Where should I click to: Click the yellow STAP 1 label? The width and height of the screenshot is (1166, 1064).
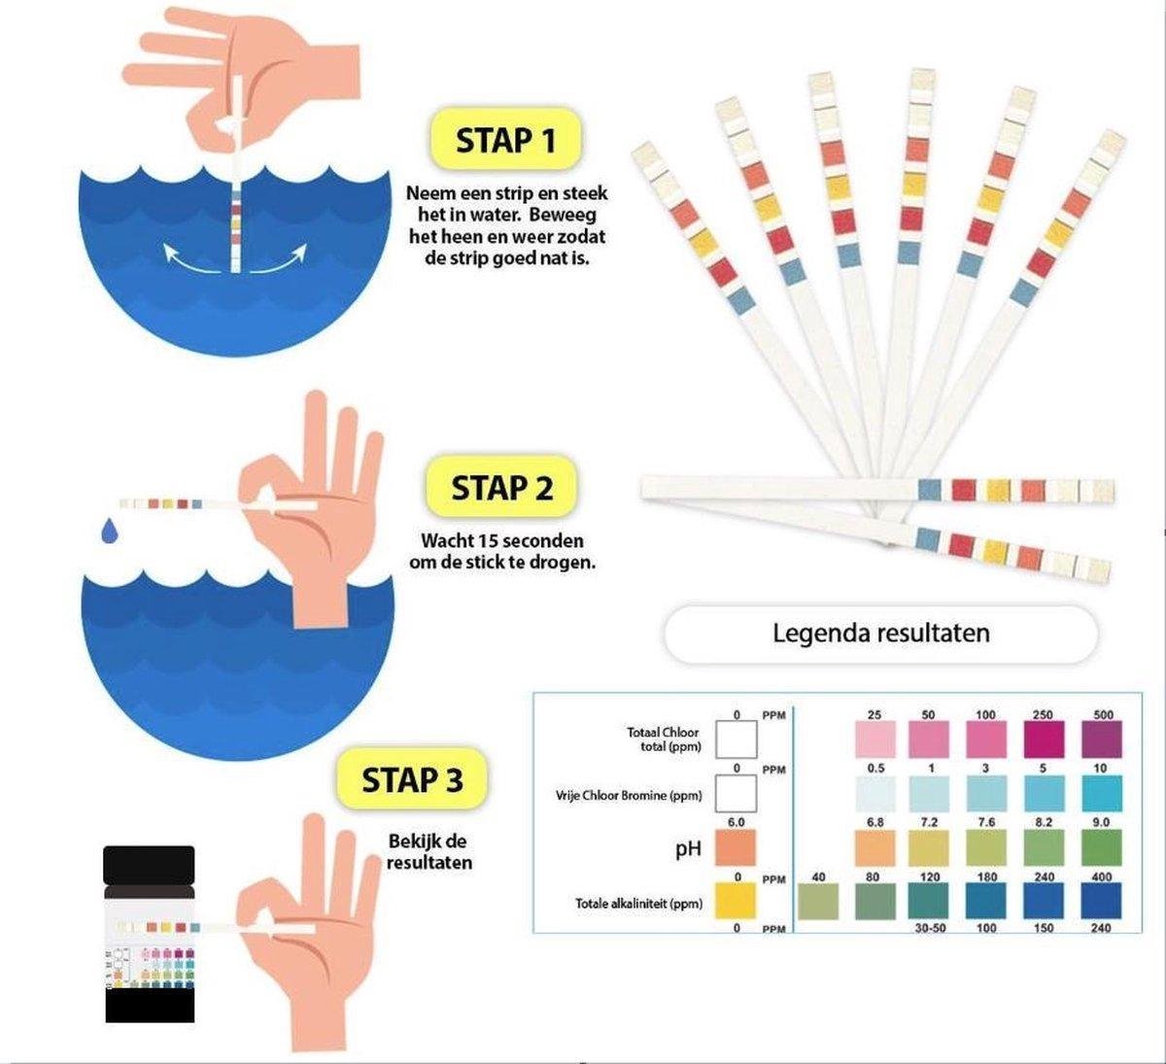tap(506, 141)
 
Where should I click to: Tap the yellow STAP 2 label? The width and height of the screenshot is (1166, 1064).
tap(501, 489)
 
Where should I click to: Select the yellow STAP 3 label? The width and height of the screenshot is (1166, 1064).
tap(412, 780)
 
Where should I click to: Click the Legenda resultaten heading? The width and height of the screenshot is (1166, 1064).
tap(880, 634)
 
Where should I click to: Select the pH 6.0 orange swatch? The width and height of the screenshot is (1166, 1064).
tap(736, 847)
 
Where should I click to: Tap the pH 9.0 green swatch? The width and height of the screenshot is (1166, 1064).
tap(1101, 847)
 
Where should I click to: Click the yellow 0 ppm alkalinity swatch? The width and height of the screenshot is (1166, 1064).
tap(736, 902)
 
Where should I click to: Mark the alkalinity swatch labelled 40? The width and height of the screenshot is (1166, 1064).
tap(817, 902)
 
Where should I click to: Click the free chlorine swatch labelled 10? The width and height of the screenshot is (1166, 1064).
tap(1101, 794)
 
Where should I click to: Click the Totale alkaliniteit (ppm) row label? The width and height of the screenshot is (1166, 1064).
tap(637, 904)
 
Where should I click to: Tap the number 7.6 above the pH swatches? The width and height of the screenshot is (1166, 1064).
tap(985, 822)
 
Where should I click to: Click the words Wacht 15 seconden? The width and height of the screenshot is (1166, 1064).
tap(502, 541)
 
